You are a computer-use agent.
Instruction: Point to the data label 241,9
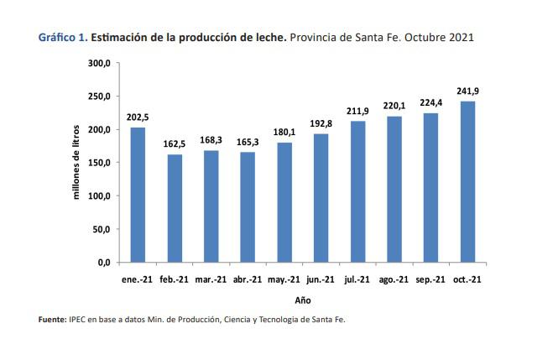467,91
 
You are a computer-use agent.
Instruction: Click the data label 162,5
174,144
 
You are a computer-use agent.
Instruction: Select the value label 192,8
321,124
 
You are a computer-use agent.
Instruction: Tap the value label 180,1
284,133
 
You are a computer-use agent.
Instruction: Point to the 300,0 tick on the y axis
98,63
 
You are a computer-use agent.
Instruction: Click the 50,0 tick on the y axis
101,229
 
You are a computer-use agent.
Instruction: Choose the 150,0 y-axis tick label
98,163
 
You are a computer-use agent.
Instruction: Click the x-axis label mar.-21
211,279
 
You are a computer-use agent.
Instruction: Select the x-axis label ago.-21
394,279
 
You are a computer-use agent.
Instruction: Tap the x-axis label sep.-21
430,279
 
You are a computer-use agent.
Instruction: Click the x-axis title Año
303,300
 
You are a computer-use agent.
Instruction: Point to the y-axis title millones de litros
76,162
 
